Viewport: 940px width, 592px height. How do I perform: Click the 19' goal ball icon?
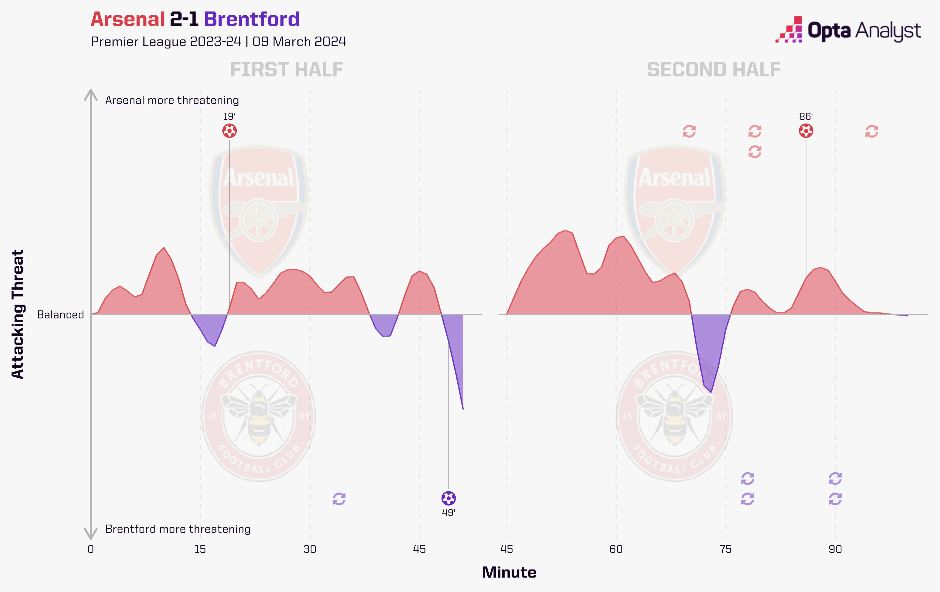tap(229, 131)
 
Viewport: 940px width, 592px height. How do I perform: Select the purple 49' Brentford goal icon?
tap(448, 498)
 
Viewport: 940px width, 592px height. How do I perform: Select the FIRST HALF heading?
tap(287, 70)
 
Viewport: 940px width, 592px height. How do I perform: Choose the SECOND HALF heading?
tap(713, 70)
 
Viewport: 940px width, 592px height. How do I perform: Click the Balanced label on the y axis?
tap(61, 315)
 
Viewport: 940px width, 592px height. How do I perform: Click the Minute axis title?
tap(509, 572)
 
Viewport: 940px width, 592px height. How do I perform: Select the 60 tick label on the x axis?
tap(616, 550)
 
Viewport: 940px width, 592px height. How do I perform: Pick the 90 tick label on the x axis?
tap(835, 550)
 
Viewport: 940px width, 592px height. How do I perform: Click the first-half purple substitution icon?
tap(339, 499)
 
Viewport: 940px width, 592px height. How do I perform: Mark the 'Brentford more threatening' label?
tap(178, 529)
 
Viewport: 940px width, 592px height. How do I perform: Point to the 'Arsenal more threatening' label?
tap(172, 100)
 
